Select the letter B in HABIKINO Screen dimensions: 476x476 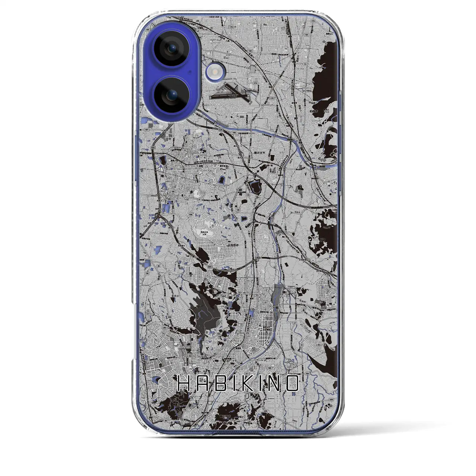[219, 383]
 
